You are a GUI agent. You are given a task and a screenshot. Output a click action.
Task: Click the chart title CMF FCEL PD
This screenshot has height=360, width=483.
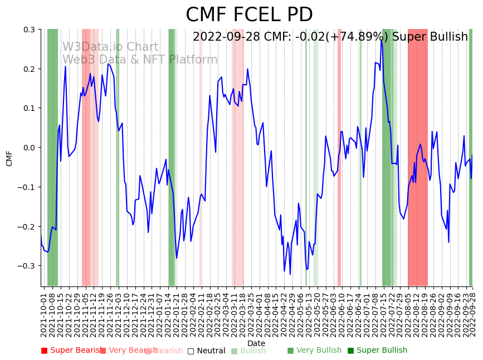249,15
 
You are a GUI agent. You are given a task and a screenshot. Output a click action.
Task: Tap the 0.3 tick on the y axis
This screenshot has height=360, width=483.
29,30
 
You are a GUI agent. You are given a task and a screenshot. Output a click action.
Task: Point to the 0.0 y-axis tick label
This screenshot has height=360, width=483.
29,148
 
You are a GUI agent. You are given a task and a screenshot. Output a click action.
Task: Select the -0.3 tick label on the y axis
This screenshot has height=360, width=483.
27,266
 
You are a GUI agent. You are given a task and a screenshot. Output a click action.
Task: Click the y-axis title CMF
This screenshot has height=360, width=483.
9,158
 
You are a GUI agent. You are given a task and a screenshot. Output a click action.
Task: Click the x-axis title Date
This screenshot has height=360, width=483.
256,343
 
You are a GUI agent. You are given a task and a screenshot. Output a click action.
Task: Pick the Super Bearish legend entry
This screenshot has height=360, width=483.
69,351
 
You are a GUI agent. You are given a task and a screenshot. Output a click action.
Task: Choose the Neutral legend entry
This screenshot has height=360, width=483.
206,351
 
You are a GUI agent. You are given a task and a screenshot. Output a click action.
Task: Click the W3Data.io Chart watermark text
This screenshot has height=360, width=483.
110,47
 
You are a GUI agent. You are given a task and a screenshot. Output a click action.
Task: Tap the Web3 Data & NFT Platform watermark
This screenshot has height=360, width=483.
140,60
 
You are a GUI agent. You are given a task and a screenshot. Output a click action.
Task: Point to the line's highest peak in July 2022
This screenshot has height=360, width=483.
382,40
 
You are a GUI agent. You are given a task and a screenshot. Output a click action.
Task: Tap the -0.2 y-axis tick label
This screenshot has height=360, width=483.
27,227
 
